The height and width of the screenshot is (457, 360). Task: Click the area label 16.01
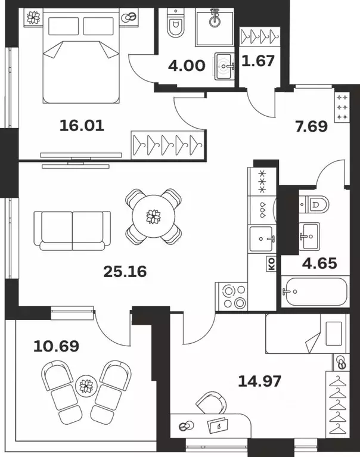tap(82, 126)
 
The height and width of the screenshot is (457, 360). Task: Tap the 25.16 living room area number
tap(125, 272)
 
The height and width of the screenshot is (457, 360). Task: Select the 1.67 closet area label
tap(258, 61)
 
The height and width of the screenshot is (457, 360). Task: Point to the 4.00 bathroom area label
tap(187, 66)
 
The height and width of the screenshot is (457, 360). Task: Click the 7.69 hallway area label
tap(311, 126)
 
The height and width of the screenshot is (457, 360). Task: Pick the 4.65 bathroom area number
tap(319, 263)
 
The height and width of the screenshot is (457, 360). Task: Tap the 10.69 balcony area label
tap(56, 346)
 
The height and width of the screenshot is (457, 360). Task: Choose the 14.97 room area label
tap(260, 381)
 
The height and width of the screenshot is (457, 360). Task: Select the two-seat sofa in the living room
tap(72, 231)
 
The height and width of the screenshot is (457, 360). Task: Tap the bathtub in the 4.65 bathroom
tap(315, 291)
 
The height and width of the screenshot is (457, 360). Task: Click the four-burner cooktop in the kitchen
tap(231, 296)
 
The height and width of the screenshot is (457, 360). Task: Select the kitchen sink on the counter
tap(262, 239)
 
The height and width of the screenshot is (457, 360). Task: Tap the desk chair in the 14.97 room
tap(212, 403)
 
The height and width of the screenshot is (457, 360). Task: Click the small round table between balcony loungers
tap(86, 386)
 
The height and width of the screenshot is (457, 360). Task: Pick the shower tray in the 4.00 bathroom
tap(214, 27)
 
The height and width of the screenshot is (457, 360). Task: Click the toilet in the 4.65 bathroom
tap(314, 204)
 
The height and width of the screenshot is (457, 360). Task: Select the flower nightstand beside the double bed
tap(33, 17)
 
